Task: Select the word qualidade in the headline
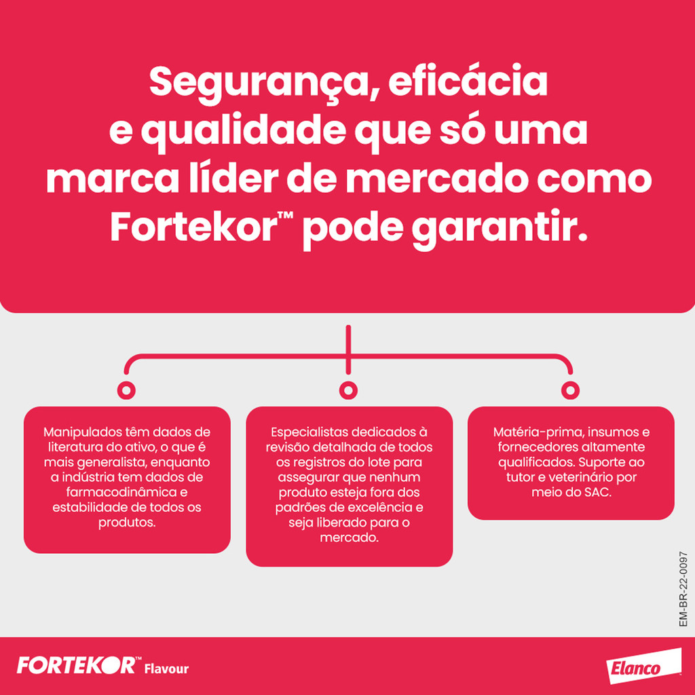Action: coord(244,133)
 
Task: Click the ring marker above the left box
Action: coord(126,390)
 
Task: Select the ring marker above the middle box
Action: coord(348,390)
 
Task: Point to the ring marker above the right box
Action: coord(570,390)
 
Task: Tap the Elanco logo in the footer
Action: coord(643,666)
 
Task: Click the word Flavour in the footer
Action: coord(167,669)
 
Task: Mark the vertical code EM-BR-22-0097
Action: coord(683,589)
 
